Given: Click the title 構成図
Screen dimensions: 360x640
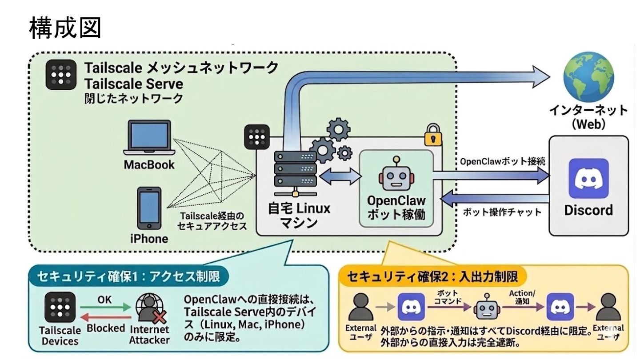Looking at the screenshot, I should [x=65, y=28].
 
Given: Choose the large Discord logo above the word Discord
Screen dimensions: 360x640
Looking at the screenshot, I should [x=588, y=178].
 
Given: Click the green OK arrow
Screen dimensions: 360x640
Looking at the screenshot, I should [x=105, y=308].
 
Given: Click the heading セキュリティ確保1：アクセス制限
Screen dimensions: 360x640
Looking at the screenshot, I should [x=129, y=277].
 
